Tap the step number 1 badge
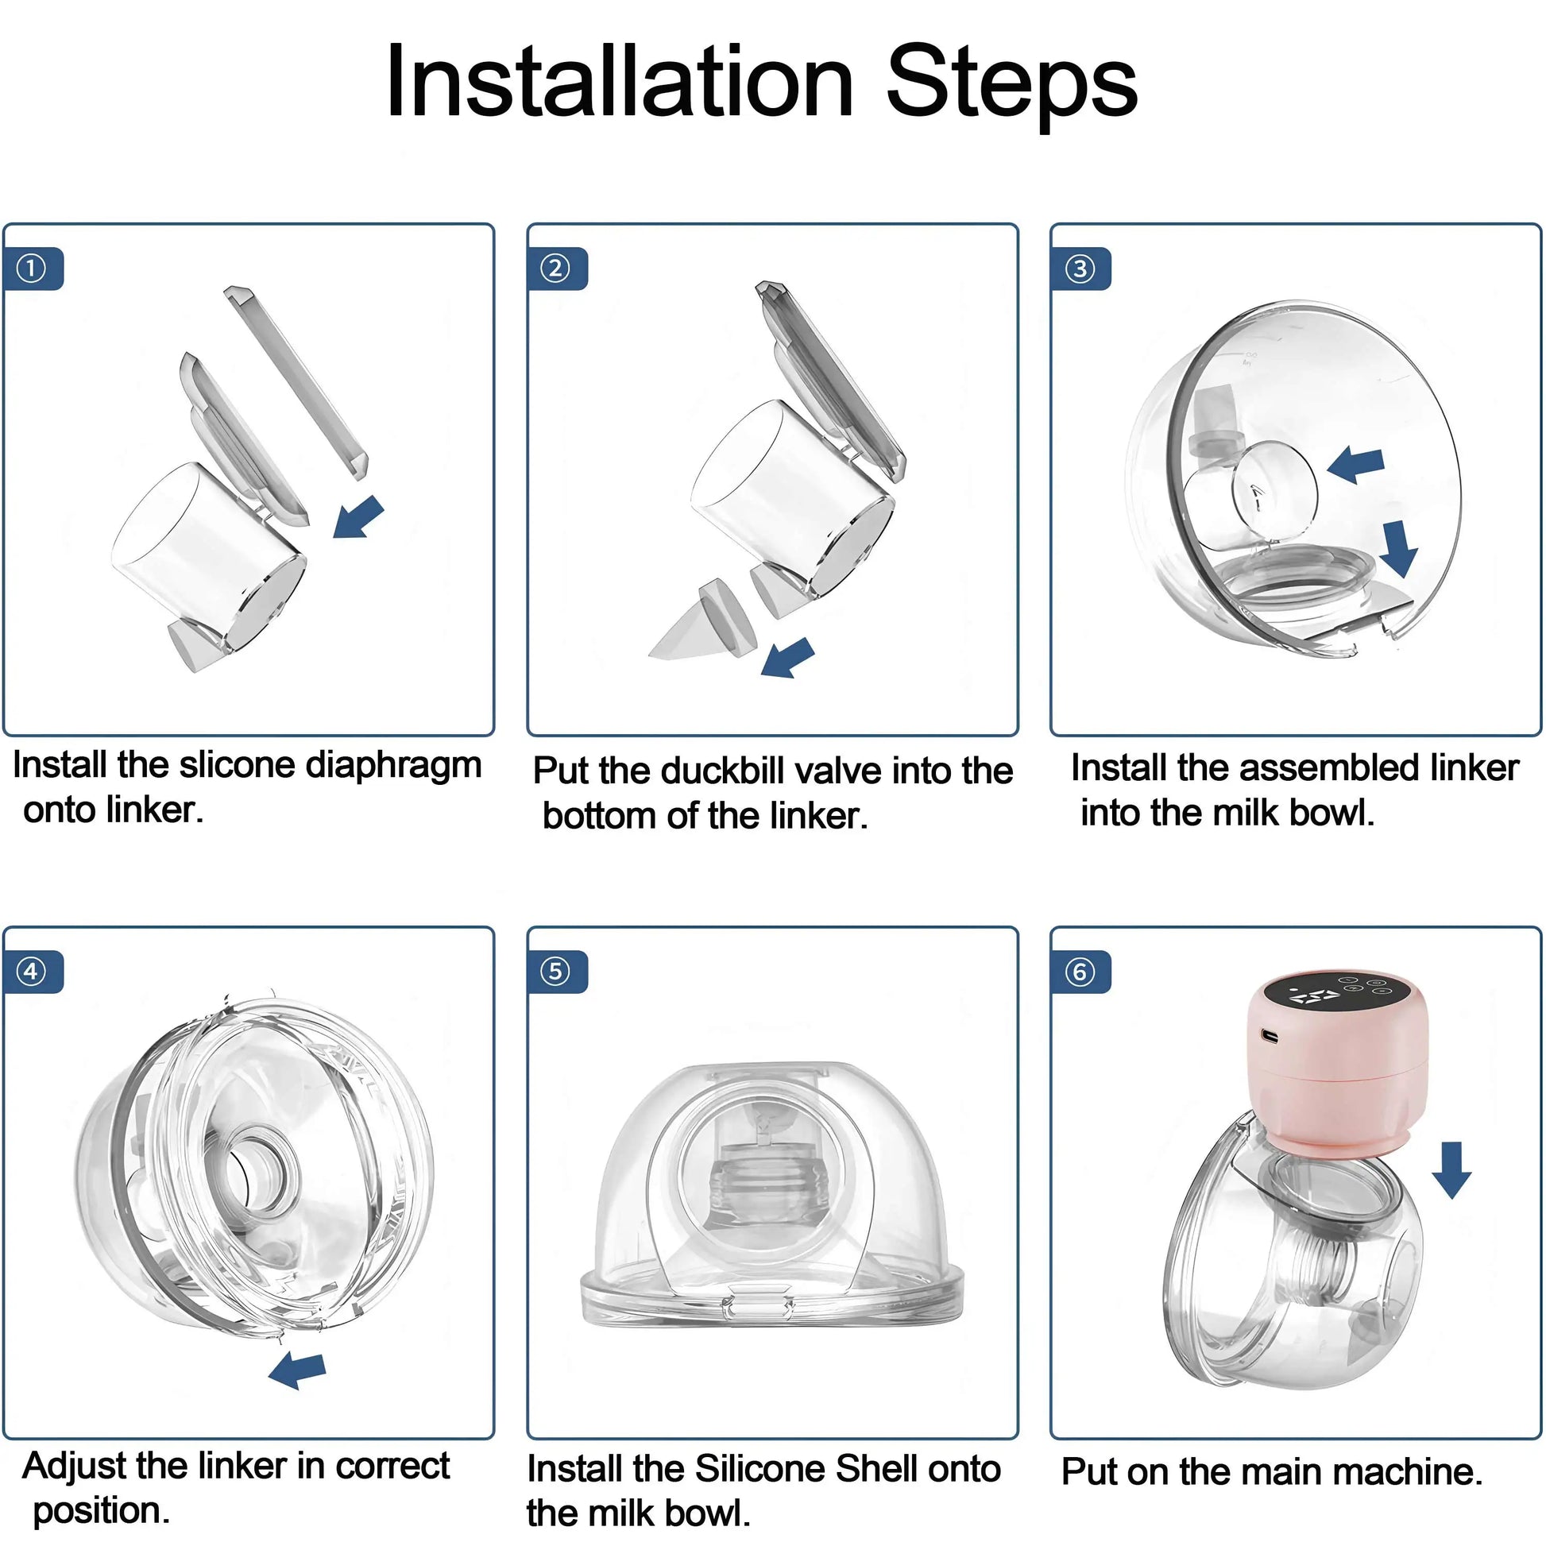(32, 268)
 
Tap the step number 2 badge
(556, 268)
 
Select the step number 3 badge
(1080, 268)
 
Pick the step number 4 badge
(32, 972)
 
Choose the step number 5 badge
(556, 972)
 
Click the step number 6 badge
(1080, 972)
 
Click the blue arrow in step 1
(359, 517)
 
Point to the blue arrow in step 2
(787, 658)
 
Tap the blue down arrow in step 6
(1451, 1170)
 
